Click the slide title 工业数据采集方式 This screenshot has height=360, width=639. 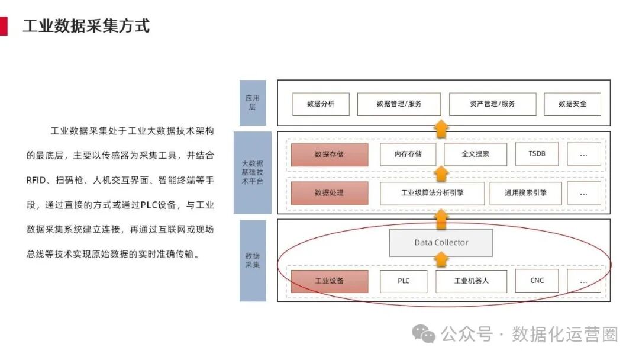(x=86, y=26)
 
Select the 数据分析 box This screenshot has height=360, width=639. (x=321, y=104)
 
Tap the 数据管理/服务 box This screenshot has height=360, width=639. (x=399, y=104)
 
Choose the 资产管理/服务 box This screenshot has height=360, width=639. (x=492, y=104)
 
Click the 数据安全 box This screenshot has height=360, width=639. (x=572, y=104)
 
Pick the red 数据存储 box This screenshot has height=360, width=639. (x=329, y=155)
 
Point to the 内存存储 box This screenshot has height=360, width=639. (x=408, y=155)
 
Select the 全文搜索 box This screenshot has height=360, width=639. (x=475, y=155)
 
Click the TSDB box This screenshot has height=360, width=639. (x=537, y=155)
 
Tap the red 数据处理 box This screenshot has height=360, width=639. (x=329, y=193)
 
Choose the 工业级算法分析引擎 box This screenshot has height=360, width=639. (x=432, y=193)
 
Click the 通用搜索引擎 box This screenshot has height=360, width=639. (x=525, y=193)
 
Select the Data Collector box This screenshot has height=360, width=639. (x=441, y=243)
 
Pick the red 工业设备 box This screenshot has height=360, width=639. (x=329, y=281)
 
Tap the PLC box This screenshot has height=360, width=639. (x=404, y=281)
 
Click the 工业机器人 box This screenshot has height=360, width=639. (x=471, y=281)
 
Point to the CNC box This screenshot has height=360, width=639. (x=537, y=281)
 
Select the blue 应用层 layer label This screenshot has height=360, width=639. (x=253, y=102)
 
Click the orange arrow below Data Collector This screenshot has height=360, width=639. (x=441, y=260)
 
